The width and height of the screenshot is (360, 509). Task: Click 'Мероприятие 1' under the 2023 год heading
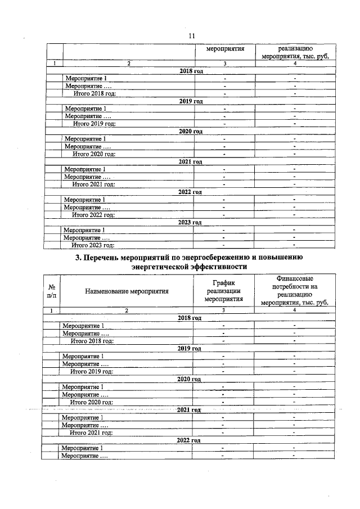(85, 230)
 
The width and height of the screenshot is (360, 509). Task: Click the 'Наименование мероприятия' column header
(127, 291)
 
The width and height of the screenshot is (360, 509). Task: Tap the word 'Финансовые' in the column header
(295, 278)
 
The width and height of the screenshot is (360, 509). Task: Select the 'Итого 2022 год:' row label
(93, 215)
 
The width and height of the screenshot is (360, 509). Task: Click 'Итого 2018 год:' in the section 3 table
(92, 341)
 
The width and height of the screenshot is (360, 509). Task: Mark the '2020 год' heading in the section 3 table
(189, 379)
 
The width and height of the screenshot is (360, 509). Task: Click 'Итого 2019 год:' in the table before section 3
(94, 123)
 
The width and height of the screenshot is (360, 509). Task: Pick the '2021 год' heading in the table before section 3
(190, 162)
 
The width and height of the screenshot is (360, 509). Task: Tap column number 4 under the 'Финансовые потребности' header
(294, 310)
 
